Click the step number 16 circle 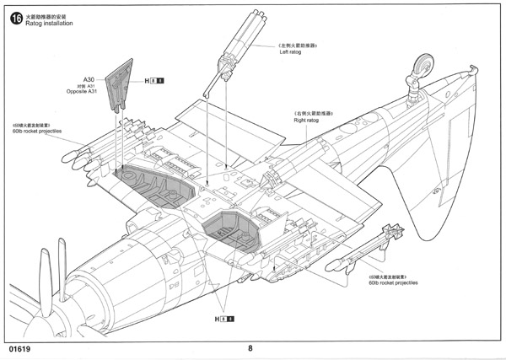[14, 17]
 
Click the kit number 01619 [23, 347]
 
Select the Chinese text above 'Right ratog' [313, 113]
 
